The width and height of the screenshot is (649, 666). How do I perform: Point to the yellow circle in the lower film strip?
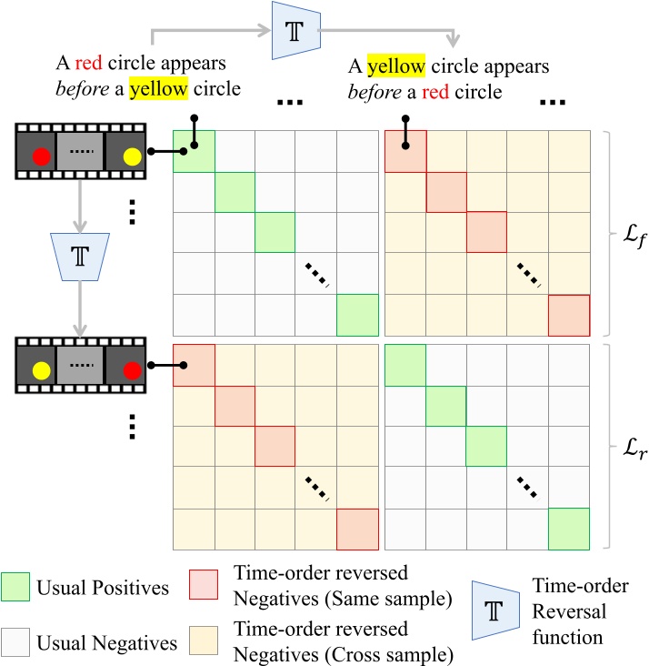[41, 370]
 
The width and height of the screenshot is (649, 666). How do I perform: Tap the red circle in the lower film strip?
[133, 370]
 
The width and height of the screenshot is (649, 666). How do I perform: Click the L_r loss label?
[624, 449]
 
